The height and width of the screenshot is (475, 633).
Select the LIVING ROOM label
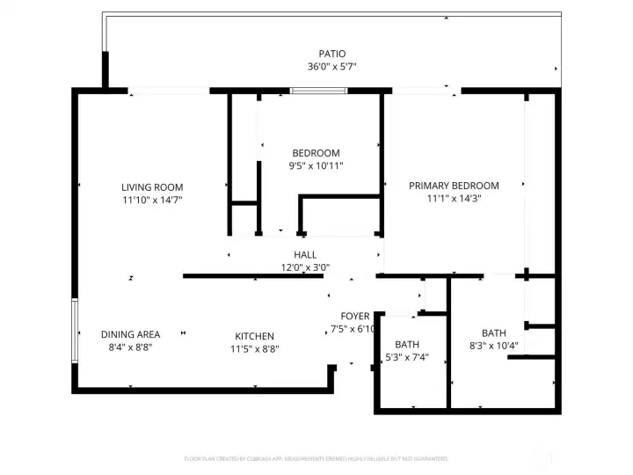[x=152, y=186]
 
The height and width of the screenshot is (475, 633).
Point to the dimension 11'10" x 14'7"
[x=152, y=200]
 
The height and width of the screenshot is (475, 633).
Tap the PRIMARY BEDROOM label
[x=454, y=186]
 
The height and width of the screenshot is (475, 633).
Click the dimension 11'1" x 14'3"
[x=454, y=199]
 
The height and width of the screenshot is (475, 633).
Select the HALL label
[x=305, y=255]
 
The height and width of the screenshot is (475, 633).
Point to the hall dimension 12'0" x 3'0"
[x=305, y=267]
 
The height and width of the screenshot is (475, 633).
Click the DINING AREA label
[x=130, y=334]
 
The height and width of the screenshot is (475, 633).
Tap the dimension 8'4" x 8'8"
[x=130, y=347]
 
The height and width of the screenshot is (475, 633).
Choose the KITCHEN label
[x=254, y=336]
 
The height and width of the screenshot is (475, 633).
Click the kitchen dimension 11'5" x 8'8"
[x=254, y=348]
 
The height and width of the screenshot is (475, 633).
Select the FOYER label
[x=355, y=316]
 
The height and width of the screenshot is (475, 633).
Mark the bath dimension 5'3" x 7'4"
[x=406, y=357]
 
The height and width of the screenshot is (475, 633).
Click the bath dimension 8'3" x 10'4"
[x=493, y=346]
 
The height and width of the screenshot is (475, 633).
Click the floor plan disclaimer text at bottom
[x=316, y=458]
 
